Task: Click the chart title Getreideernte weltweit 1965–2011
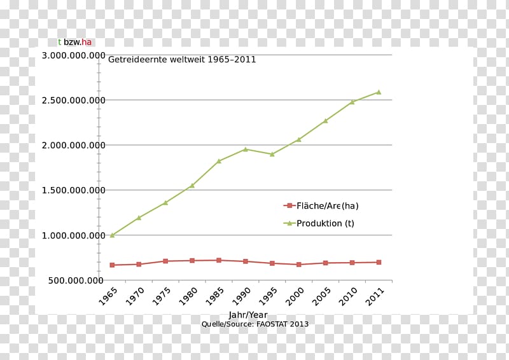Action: [x=182, y=60]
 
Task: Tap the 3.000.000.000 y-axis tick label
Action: [x=73, y=55]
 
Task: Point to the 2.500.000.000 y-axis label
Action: [x=73, y=100]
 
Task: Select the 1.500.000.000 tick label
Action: [x=73, y=190]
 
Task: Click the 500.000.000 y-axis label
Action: [x=76, y=280]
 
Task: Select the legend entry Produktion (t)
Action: [x=325, y=223]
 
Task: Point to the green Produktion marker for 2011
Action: [x=379, y=92]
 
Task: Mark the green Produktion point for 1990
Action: [x=246, y=149]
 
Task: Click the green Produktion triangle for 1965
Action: [x=113, y=235]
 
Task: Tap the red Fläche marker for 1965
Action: [x=113, y=265]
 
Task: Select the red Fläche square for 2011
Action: [x=379, y=262]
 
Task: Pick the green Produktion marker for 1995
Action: [x=272, y=154]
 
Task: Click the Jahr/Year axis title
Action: [x=248, y=315]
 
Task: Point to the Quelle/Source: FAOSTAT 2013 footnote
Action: [x=254, y=324]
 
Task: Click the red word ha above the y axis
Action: [x=87, y=42]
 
